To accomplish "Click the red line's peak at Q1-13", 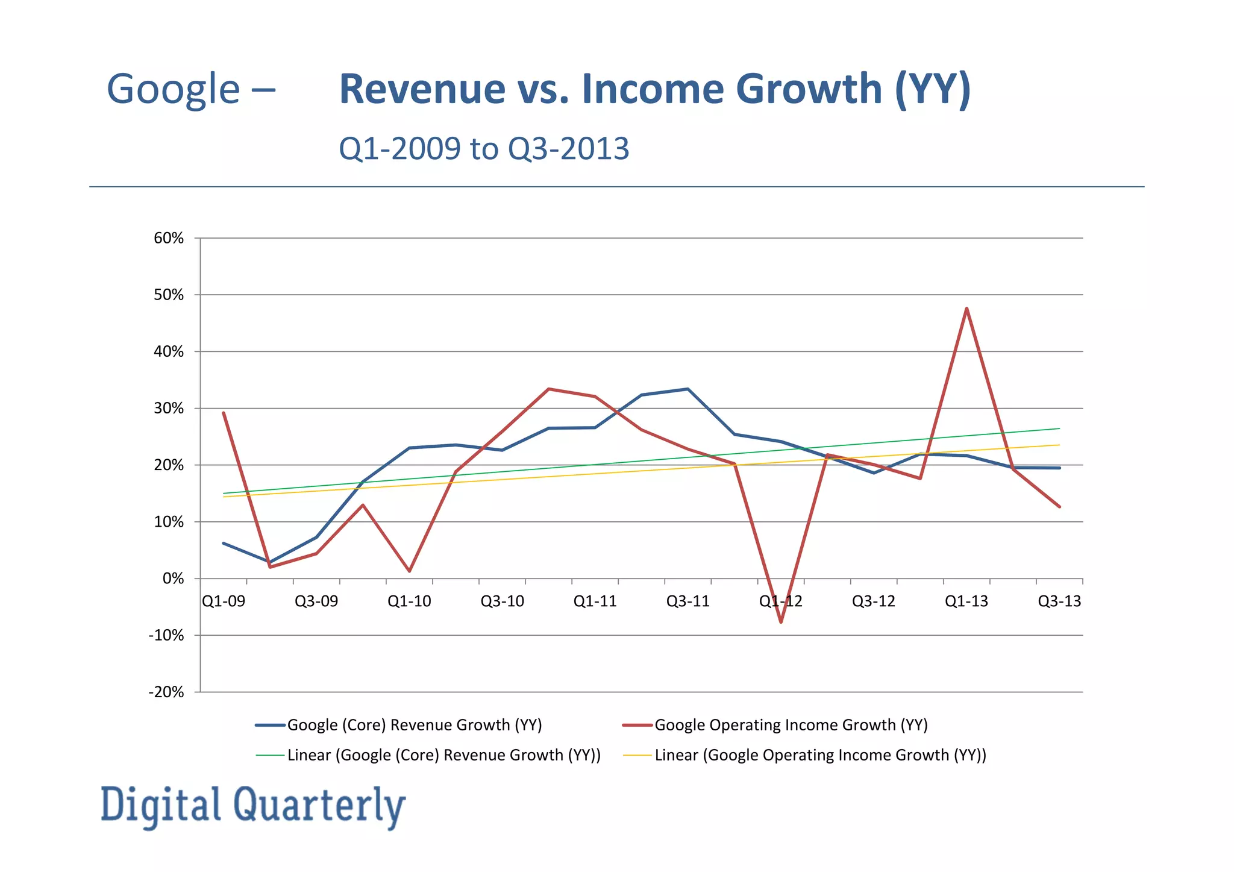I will (966, 309).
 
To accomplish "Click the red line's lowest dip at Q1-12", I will (781, 621).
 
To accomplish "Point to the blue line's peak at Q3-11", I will (688, 389).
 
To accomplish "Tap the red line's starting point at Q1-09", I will (224, 413).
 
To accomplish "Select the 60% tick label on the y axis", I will (169, 238).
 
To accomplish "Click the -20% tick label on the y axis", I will (166, 692).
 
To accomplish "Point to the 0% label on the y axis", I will (173, 579).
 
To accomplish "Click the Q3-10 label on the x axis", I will (502, 601).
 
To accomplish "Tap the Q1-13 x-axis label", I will (966, 601).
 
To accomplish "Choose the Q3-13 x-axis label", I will (1059, 601).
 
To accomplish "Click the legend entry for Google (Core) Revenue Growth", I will (415, 725).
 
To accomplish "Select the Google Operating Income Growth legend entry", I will (791, 725).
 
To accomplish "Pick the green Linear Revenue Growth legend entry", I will (444, 755).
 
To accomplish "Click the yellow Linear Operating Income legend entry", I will (820, 755).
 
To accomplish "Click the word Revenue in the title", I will (422, 89).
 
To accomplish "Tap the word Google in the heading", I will (174, 89).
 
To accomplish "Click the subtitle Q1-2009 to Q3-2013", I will (484, 148).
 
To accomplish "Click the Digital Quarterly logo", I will (253, 806).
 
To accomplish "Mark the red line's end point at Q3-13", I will (1059, 507).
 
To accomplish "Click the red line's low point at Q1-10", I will (409, 571).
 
